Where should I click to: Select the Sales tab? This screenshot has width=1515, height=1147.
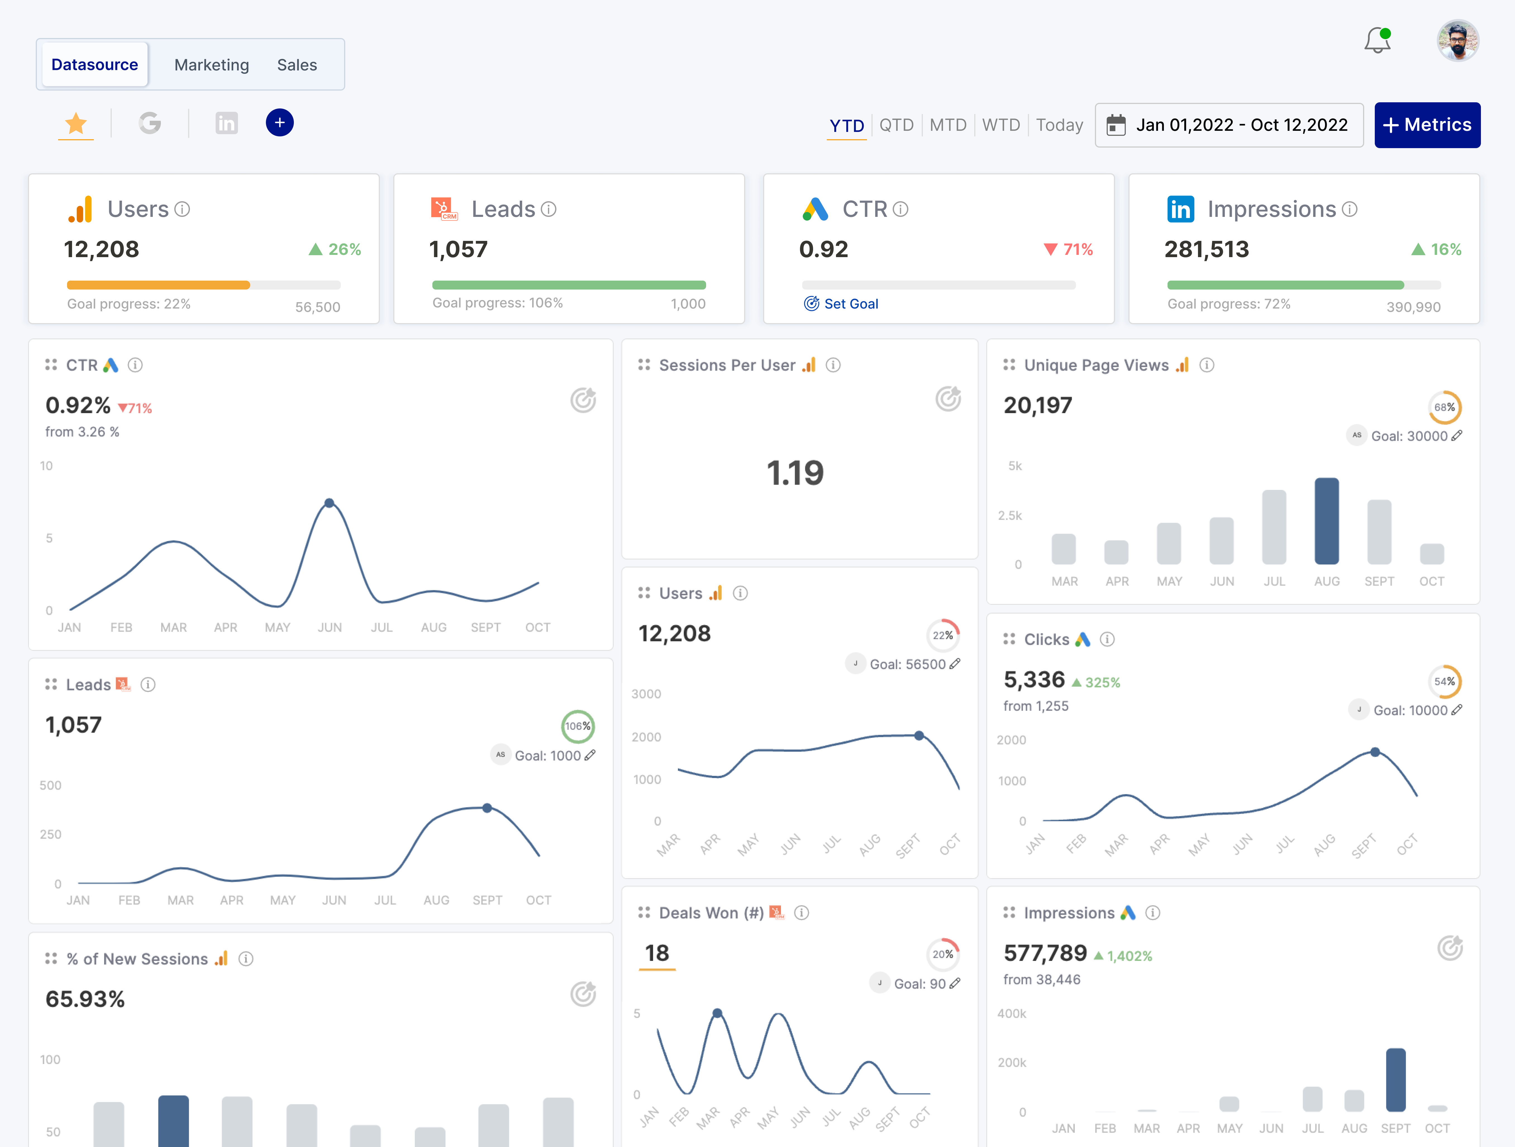point(297,65)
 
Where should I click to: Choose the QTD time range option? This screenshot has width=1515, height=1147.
point(896,125)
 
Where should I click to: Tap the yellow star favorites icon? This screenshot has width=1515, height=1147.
point(75,124)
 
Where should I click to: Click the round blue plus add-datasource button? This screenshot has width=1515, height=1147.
point(279,123)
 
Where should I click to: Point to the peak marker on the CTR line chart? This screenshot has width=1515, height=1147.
point(329,503)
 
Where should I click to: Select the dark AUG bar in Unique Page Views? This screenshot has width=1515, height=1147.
point(1326,521)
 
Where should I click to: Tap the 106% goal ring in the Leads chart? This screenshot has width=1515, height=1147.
point(577,726)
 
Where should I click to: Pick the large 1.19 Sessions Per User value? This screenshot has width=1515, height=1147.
point(794,473)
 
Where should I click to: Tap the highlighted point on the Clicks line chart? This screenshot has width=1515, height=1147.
point(1375,752)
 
